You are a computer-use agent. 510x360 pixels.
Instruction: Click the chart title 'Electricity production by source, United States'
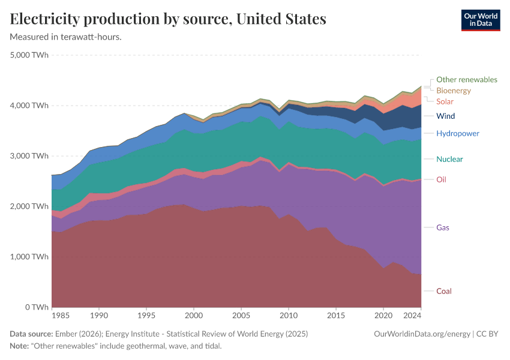(168, 19)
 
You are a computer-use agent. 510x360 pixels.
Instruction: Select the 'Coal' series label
(444, 291)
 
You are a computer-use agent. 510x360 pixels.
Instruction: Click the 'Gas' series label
(443, 227)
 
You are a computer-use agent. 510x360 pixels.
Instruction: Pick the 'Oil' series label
(441, 179)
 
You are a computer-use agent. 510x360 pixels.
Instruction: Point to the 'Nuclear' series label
(449, 159)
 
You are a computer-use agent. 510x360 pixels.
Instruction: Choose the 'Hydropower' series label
(458, 133)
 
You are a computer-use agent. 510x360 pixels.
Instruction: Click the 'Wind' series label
(445, 116)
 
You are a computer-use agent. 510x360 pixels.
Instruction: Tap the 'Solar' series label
(445, 101)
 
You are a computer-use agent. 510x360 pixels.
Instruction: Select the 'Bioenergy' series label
(454, 91)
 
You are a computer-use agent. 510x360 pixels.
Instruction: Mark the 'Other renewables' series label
(467, 79)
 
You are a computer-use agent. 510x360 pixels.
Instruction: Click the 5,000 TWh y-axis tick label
(29, 55)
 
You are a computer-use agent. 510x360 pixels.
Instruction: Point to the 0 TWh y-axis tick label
(36, 307)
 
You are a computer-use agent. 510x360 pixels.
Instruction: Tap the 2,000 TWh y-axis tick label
(29, 206)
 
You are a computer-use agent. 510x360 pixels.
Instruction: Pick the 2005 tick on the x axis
(241, 315)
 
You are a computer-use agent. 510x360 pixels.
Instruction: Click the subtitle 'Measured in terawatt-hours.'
(66, 37)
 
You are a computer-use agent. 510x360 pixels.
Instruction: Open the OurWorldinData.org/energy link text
(422, 334)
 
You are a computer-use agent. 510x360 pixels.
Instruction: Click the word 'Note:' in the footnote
(21, 346)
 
